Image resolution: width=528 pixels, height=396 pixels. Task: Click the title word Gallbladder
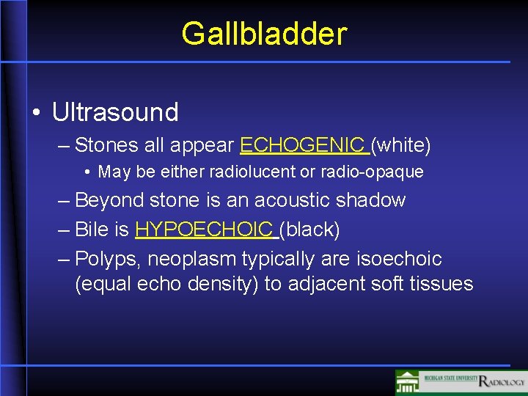click(264, 33)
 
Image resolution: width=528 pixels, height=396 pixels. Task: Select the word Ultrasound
click(115, 112)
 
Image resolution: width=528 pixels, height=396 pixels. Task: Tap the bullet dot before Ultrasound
click(36, 112)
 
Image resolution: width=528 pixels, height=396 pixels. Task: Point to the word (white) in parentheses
click(401, 145)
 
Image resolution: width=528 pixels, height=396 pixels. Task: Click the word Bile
click(92, 230)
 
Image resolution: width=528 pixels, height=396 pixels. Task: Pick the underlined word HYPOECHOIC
click(204, 230)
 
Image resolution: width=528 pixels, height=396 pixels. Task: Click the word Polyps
click(106, 259)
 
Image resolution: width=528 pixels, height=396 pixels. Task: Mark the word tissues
click(443, 284)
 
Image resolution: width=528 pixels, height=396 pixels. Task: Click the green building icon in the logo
click(408, 382)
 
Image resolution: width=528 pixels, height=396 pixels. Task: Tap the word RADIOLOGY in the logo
click(502, 381)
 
